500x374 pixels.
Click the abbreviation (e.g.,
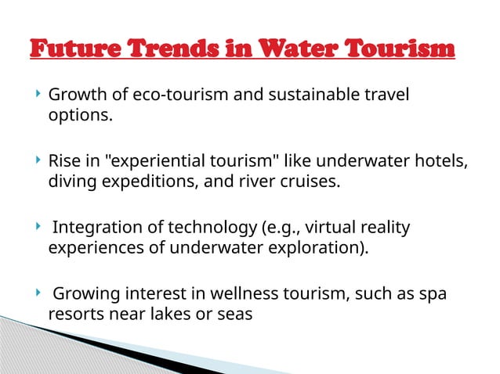click(x=278, y=228)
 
